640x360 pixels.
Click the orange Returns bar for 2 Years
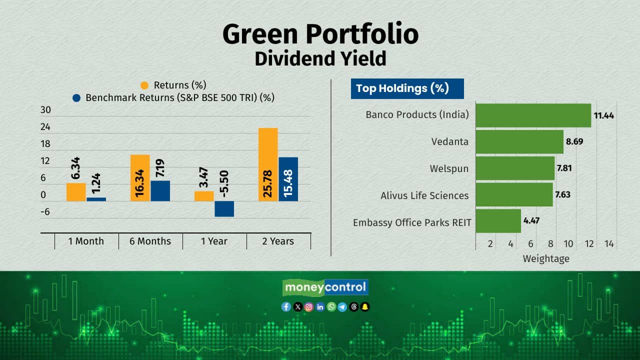[268, 164]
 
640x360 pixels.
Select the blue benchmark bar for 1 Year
[224, 209]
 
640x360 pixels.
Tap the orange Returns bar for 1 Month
[76, 192]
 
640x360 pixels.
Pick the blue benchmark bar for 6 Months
[160, 191]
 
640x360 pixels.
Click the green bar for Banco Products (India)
[533, 115]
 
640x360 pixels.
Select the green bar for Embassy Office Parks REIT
[498, 221]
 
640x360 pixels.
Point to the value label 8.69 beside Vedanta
[574, 141]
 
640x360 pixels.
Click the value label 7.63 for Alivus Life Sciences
[562, 194]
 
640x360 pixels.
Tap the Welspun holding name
[449, 168]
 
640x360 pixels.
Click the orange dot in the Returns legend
[144, 85]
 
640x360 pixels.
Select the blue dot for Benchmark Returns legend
[76, 98]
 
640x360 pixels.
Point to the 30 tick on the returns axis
[45, 110]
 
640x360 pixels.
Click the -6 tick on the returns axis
[45, 212]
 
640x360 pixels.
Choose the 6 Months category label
[150, 241]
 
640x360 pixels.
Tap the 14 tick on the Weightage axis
[609, 244]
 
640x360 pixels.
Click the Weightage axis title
[546, 259]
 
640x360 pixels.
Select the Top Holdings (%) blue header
[407, 89]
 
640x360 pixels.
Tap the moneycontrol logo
[325, 287]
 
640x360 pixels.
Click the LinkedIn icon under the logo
[320, 307]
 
